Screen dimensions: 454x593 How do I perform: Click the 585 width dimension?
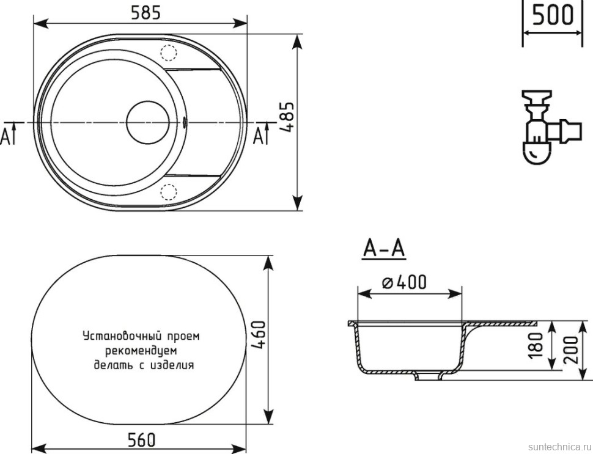[x=140, y=11]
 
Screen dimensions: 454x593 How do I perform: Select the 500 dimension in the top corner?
[x=553, y=13]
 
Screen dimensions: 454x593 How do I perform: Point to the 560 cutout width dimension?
[x=141, y=439]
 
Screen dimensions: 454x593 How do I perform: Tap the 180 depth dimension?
[x=537, y=346]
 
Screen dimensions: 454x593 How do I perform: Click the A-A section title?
[x=384, y=249]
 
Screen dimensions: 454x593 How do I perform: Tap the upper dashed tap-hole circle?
[x=168, y=53]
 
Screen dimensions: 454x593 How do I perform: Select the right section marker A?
[x=261, y=136]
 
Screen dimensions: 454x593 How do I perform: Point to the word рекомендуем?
[x=141, y=351]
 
